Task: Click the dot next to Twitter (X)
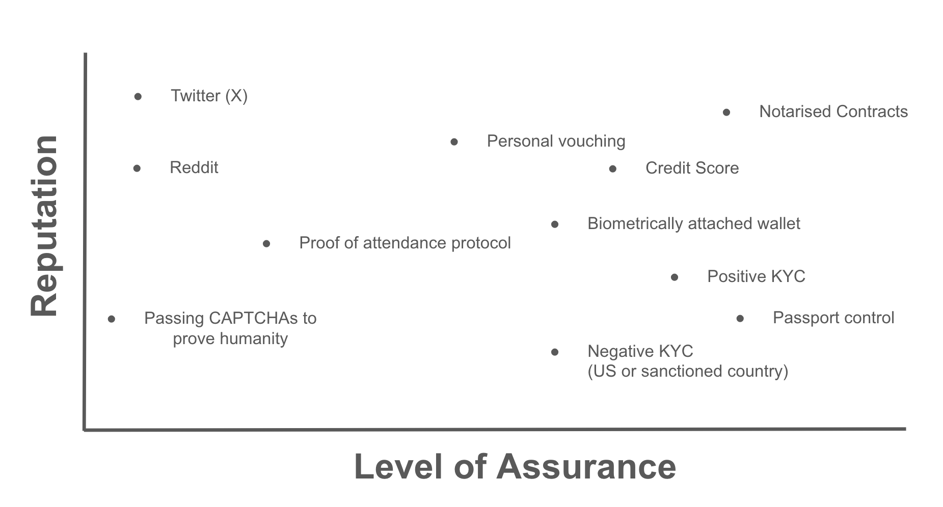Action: (138, 97)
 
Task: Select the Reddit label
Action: (194, 167)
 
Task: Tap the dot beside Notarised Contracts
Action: (726, 112)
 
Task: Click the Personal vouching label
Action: (556, 141)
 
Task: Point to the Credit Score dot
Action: (613, 169)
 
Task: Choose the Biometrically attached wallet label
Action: (693, 223)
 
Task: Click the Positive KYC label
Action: (756, 276)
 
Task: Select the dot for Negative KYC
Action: (555, 352)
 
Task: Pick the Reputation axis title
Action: (44, 226)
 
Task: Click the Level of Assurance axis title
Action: (515, 467)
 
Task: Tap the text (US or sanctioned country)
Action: (688, 371)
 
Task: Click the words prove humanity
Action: (230, 339)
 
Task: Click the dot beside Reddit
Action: (137, 168)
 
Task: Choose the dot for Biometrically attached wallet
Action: (555, 224)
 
